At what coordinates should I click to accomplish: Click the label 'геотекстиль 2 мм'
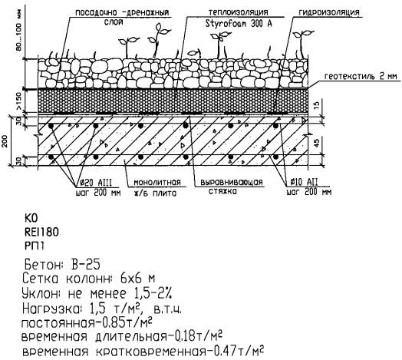click(361, 77)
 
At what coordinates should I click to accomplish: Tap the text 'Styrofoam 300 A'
click(239, 24)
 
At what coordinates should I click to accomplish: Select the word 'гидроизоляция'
click(329, 12)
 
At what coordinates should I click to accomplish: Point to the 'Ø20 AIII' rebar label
click(95, 183)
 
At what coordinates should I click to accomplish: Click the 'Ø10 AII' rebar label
click(304, 182)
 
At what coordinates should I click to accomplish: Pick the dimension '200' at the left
click(5, 141)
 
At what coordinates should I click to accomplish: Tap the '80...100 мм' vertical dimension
click(19, 30)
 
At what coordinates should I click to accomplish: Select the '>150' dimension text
click(19, 101)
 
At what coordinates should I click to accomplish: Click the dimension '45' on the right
click(317, 143)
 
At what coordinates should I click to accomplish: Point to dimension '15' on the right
click(317, 105)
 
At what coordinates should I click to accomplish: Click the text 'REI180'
click(41, 233)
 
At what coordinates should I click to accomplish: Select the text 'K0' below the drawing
click(31, 218)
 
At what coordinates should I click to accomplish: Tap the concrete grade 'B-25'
click(86, 265)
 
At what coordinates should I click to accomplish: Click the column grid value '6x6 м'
click(137, 279)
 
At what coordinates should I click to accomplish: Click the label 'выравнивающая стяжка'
click(232, 187)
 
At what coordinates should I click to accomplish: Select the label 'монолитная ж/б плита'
click(157, 187)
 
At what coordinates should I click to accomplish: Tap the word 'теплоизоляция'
click(238, 12)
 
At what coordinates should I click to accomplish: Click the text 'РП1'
click(35, 246)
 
